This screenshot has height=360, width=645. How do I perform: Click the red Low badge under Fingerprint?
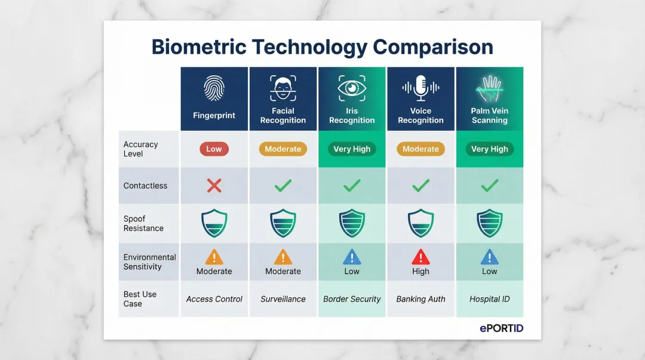click(x=214, y=149)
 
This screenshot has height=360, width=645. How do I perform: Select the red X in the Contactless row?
click(x=214, y=186)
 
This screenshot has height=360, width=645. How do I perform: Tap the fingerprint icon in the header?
click(x=214, y=88)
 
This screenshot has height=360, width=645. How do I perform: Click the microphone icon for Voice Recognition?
click(x=420, y=88)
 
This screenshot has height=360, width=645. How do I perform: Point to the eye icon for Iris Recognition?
click(x=352, y=88)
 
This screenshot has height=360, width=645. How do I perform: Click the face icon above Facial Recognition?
click(x=283, y=88)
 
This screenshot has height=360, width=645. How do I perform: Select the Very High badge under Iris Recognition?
click(x=352, y=149)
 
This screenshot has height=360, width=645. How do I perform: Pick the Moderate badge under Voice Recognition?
click(x=420, y=149)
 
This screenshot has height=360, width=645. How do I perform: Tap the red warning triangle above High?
click(x=420, y=257)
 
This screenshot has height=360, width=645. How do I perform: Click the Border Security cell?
click(x=352, y=299)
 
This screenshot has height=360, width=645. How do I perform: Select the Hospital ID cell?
click(x=490, y=299)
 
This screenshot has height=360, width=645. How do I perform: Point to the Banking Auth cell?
click(x=420, y=299)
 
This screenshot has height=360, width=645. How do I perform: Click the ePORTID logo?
click(x=501, y=328)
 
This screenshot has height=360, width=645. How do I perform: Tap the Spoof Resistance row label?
click(x=143, y=223)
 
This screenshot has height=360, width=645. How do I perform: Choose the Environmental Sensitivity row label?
click(x=149, y=262)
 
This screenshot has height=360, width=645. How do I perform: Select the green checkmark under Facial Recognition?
click(x=283, y=186)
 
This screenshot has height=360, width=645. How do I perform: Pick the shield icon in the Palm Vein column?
click(x=490, y=223)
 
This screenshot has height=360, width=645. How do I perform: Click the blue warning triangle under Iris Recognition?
click(x=352, y=257)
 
